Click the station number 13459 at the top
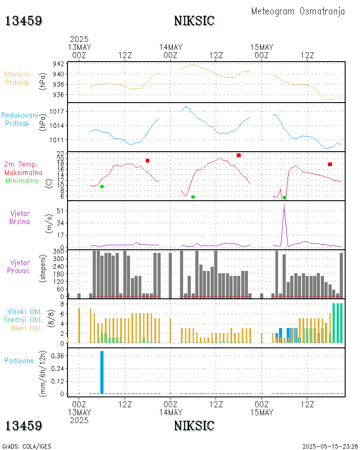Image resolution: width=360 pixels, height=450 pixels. tap(24, 21)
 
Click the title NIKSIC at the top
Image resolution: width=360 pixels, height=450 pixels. tap(194, 21)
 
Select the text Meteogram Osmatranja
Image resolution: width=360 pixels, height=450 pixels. tap(298, 11)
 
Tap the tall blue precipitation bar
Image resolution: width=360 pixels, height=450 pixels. tap(102, 372)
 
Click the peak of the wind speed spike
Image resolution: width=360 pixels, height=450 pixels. tap(284, 205)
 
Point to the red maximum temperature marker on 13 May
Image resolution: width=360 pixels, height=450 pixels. tap(148, 161)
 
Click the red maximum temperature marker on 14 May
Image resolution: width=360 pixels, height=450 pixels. tap(238, 155)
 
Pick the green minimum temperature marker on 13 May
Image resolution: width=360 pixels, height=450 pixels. tap(102, 186)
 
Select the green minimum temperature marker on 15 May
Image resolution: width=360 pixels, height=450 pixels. tap(284, 198)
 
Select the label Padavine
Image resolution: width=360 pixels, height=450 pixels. tap(19, 360)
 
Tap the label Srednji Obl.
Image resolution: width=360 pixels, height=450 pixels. tap(24, 319)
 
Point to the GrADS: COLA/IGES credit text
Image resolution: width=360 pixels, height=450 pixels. tap(27, 446)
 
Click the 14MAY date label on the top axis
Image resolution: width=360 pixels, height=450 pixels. tap(171, 47)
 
